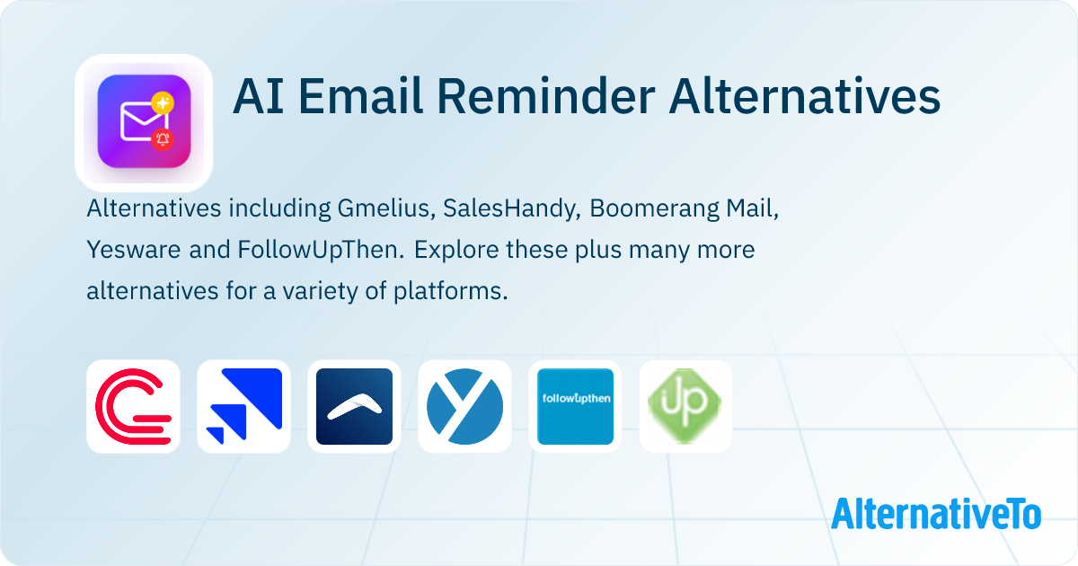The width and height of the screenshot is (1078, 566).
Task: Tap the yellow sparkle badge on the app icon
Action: (163, 102)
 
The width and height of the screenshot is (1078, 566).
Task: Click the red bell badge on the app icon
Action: (163, 138)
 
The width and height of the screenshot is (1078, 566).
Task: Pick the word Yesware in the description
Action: (135, 251)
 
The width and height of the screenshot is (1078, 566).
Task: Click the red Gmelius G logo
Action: (133, 407)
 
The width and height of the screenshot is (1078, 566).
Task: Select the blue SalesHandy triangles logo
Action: (243, 407)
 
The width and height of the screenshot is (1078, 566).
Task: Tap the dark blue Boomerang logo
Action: (354, 407)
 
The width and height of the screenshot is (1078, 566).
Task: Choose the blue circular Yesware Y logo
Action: (464, 407)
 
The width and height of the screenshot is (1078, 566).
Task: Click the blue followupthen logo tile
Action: (575, 407)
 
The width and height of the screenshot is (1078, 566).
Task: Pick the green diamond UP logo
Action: (685, 407)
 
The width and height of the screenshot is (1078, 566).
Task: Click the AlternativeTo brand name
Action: (935, 514)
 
